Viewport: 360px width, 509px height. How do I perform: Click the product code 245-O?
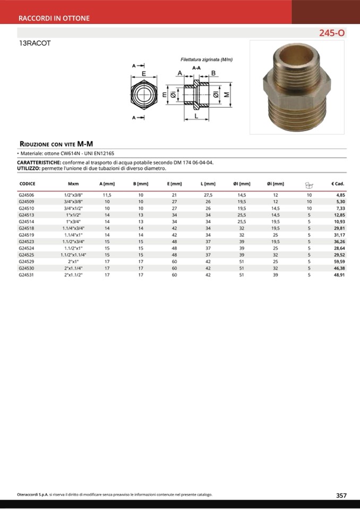tap(331, 33)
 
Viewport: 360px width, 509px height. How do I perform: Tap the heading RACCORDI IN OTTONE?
tap(54, 18)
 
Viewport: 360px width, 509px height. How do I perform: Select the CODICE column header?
tap(27, 184)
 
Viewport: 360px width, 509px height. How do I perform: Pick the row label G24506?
tap(26, 195)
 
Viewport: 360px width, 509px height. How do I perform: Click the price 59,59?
tap(339, 262)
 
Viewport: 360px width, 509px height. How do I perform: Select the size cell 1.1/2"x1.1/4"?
tap(73, 255)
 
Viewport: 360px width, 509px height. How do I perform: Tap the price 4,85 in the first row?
tap(340, 195)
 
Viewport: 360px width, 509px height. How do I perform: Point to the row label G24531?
tap(26, 275)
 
